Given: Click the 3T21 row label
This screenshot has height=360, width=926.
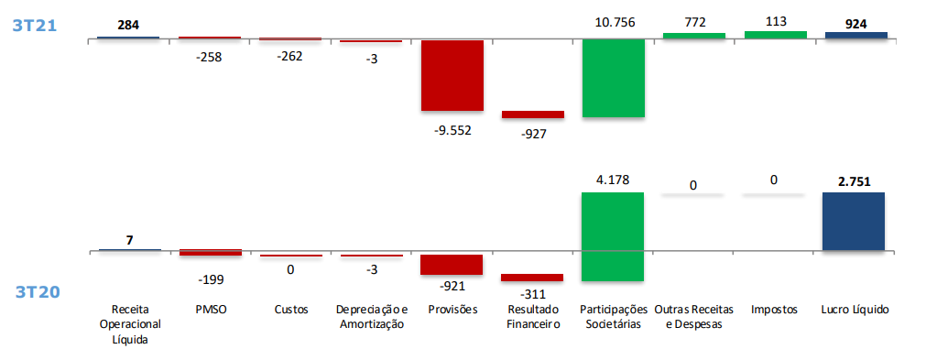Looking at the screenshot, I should (x=34, y=26).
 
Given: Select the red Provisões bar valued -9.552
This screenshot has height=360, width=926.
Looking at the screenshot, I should (x=452, y=75).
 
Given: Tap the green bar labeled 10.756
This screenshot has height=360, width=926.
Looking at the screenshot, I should (x=613, y=78).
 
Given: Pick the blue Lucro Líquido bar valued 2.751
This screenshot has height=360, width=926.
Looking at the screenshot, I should (x=854, y=221).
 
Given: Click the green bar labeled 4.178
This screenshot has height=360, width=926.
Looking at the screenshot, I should (x=613, y=236).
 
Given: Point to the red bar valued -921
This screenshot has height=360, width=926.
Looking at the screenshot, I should (x=452, y=264).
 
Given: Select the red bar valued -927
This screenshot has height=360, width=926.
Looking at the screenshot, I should (x=532, y=115).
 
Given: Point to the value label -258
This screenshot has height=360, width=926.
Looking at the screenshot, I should (x=209, y=57).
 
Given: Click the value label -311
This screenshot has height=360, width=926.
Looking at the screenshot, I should (x=532, y=293).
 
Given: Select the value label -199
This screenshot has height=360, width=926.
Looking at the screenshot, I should (x=209, y=279).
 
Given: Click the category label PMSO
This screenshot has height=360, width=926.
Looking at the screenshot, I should (x=210, y=310).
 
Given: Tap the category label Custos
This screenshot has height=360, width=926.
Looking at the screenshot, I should (x=290, y=310).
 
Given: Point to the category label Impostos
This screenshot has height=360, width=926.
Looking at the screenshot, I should (x=775, y=310).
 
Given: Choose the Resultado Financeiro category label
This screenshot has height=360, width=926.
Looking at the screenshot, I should (x=532, y=317).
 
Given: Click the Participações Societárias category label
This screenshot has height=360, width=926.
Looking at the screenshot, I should (x=613, y=317).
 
